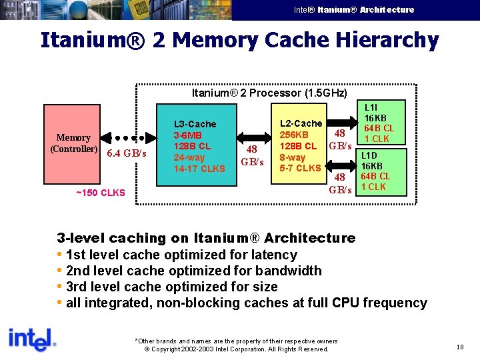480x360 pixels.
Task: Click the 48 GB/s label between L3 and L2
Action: coord(252,155)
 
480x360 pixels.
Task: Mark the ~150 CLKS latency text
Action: coord(100,193)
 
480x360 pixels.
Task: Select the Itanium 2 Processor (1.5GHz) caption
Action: coord(269,93)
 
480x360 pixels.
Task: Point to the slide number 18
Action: coord(460,347)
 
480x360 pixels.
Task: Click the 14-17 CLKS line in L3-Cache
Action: coord(199,169)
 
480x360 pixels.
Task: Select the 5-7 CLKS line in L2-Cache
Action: coord(300,168)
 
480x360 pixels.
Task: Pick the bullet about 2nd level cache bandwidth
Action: coord(193,271)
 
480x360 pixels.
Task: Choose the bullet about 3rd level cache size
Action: coord(171,287)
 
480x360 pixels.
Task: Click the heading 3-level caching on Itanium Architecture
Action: coord(206,238)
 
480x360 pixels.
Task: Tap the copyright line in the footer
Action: coord(236,349)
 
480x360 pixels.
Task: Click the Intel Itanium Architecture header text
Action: coord(354,9)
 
